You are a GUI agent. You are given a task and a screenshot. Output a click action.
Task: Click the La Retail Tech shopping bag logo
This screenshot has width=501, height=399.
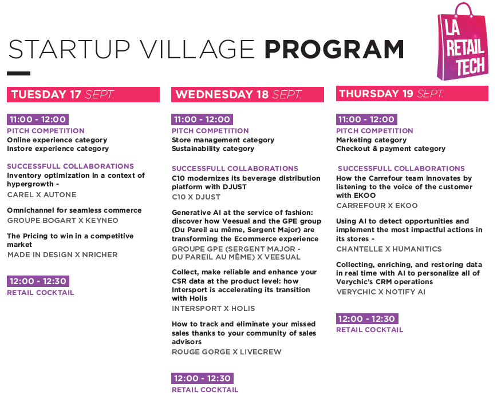[x=462, y=42]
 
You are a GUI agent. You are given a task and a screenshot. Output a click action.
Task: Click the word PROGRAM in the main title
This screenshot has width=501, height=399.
[x=334, y=49]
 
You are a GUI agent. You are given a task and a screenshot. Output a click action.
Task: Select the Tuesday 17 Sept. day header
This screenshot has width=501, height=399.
[x=83, y=94]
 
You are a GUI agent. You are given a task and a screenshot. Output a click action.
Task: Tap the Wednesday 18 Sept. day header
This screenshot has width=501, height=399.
[x=247, y=94]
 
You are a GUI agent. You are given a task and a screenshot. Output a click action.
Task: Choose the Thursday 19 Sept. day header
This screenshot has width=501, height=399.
[x=412, y=93]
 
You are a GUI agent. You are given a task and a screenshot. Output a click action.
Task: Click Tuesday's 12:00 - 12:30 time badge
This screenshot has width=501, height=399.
[x=38, y=281]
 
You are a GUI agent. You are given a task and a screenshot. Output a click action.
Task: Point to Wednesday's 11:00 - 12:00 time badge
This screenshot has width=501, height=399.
[x=202, y=119]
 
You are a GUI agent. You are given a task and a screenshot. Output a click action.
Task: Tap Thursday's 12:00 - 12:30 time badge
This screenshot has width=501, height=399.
[x=367, y=318]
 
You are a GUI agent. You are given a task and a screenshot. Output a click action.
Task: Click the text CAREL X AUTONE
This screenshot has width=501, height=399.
[x=42, y=194]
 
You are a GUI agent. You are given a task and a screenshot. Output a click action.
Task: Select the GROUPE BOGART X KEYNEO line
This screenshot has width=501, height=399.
[x=62, y=221]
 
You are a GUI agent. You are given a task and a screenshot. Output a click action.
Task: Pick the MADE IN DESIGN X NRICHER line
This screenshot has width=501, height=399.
[x=62, y=254]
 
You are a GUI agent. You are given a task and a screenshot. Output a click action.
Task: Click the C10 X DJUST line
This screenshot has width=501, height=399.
[x=196, y=197]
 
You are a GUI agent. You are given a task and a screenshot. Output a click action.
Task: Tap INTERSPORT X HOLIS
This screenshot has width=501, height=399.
[x=214, y=309]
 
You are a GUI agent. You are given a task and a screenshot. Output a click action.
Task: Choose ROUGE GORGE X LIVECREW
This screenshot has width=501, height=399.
[x=227, y=352]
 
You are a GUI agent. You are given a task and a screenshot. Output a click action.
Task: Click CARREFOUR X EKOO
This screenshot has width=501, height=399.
[x=377, y=205]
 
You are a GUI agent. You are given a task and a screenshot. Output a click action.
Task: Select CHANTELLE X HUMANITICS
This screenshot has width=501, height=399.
[x=389, y=249]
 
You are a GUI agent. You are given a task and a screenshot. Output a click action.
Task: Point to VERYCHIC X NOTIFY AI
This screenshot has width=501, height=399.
[x=381, y=292]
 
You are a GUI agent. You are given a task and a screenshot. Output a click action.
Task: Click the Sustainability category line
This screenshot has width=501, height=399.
[x=213, y=149]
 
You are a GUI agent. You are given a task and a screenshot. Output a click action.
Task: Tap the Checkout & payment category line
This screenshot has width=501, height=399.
[x=390, y=149]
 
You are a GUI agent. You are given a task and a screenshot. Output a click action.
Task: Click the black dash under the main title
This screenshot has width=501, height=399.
[x=18, y=73]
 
